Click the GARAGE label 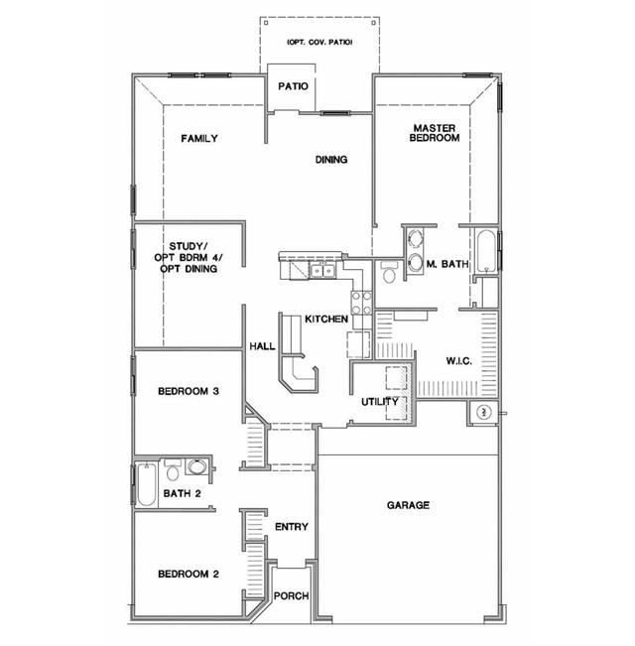pos(408,506)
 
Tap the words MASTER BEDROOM pos(436,133)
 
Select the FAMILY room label pos(199,139)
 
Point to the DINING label pos(331,160)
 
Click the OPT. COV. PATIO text pos(318,42)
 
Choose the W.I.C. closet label pos(458,360)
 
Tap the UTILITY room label pos(380,402)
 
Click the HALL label pos(262,346)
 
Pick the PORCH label pos(292,596)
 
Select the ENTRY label pos(292,527)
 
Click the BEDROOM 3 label pos(189,391)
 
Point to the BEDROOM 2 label pos(189,575)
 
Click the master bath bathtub pos(486,251)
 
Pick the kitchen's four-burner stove pos(362,300)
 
